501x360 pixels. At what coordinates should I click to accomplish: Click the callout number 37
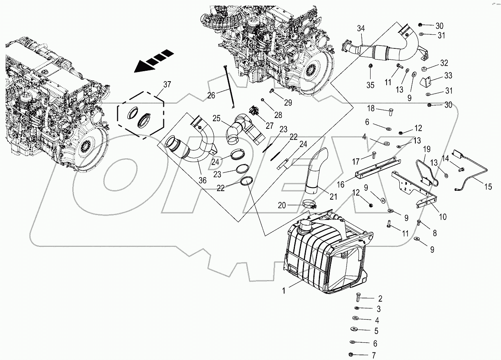(x=166, y=84)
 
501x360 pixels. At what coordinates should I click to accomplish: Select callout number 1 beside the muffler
(x=284, y=291)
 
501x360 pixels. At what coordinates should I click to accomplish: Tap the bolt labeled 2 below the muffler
(x=358, y=298)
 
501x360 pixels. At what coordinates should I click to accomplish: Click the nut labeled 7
(x=351, y=355)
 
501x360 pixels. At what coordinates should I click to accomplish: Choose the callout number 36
(x=203, y=180)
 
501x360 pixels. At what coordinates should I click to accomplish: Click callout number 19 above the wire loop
(x=427, y=149)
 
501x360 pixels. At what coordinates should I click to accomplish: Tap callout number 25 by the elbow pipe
(x=216, y=118)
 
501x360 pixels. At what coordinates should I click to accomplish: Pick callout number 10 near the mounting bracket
(x=443, y=217)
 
